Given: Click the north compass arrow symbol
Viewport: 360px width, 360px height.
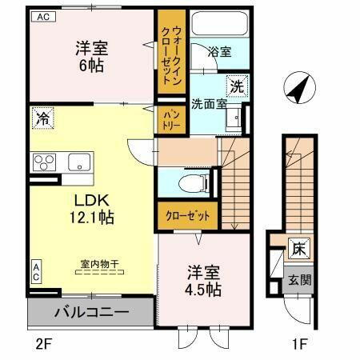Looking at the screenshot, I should (298, 87).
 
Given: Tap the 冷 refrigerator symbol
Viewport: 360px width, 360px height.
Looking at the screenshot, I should (42, 118).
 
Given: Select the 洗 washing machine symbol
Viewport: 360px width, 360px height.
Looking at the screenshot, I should (238, 84).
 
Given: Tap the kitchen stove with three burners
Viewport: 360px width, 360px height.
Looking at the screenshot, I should (42, 162).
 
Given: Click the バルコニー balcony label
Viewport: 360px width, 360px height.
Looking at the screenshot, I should (92, 311).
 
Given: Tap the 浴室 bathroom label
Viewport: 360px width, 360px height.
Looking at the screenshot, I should (220, 53).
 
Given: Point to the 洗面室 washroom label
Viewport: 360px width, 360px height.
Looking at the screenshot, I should (208, 102).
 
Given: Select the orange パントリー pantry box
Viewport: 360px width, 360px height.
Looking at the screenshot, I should (170, 119).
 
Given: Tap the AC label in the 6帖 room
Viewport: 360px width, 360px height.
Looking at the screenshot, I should (42, 16).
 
